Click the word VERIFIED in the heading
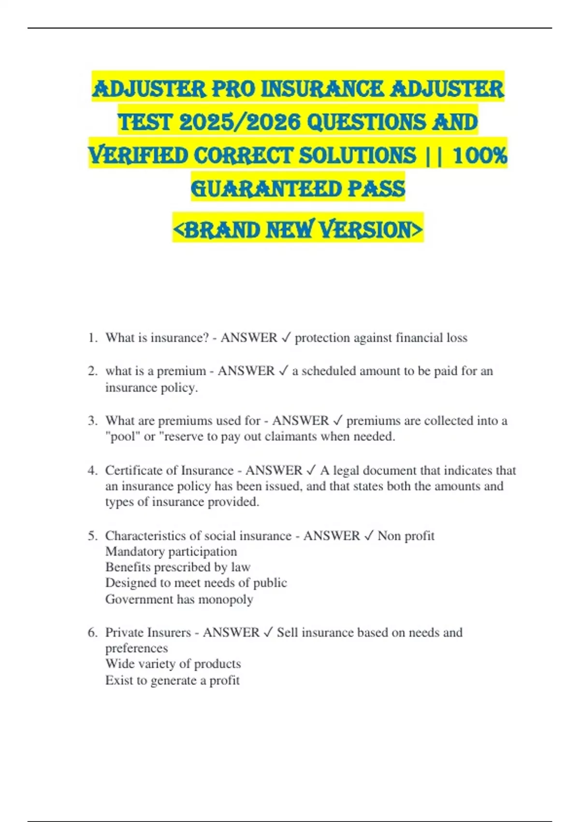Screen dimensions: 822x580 tap(138, 155)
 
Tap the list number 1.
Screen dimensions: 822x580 tap(92, 338)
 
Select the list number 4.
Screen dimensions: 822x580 tap(92, 470)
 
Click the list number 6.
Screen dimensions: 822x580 tap(92, 632)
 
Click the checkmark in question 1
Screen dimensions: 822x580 tap(286, 338)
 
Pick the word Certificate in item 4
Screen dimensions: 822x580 tap(136, 470)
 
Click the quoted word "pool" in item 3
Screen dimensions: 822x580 tap(123, 437)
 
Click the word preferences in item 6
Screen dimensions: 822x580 tap(137, 648)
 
